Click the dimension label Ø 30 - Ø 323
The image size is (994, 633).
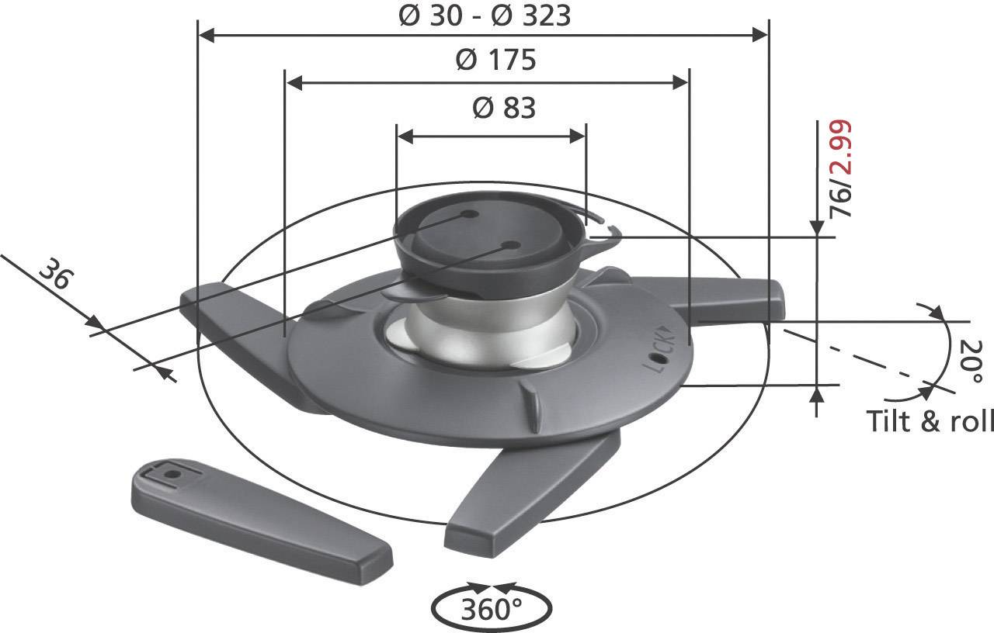[484, 16]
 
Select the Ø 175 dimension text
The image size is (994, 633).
[495, 61]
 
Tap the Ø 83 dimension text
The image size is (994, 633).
[504, 109]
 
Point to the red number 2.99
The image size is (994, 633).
[840, 147]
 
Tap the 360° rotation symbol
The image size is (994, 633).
[491, 608]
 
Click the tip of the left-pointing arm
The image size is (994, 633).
[194, 299]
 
